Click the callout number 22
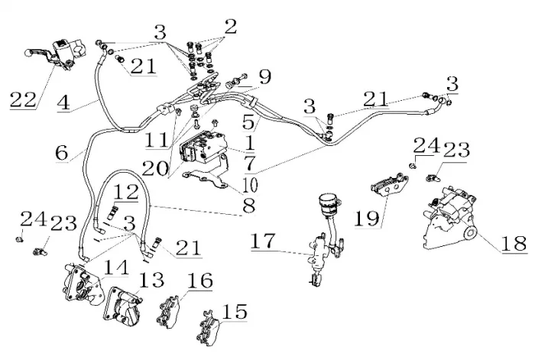tap(24, 99)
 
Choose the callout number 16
tap(199, 281)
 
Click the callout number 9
tap(264, 76)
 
